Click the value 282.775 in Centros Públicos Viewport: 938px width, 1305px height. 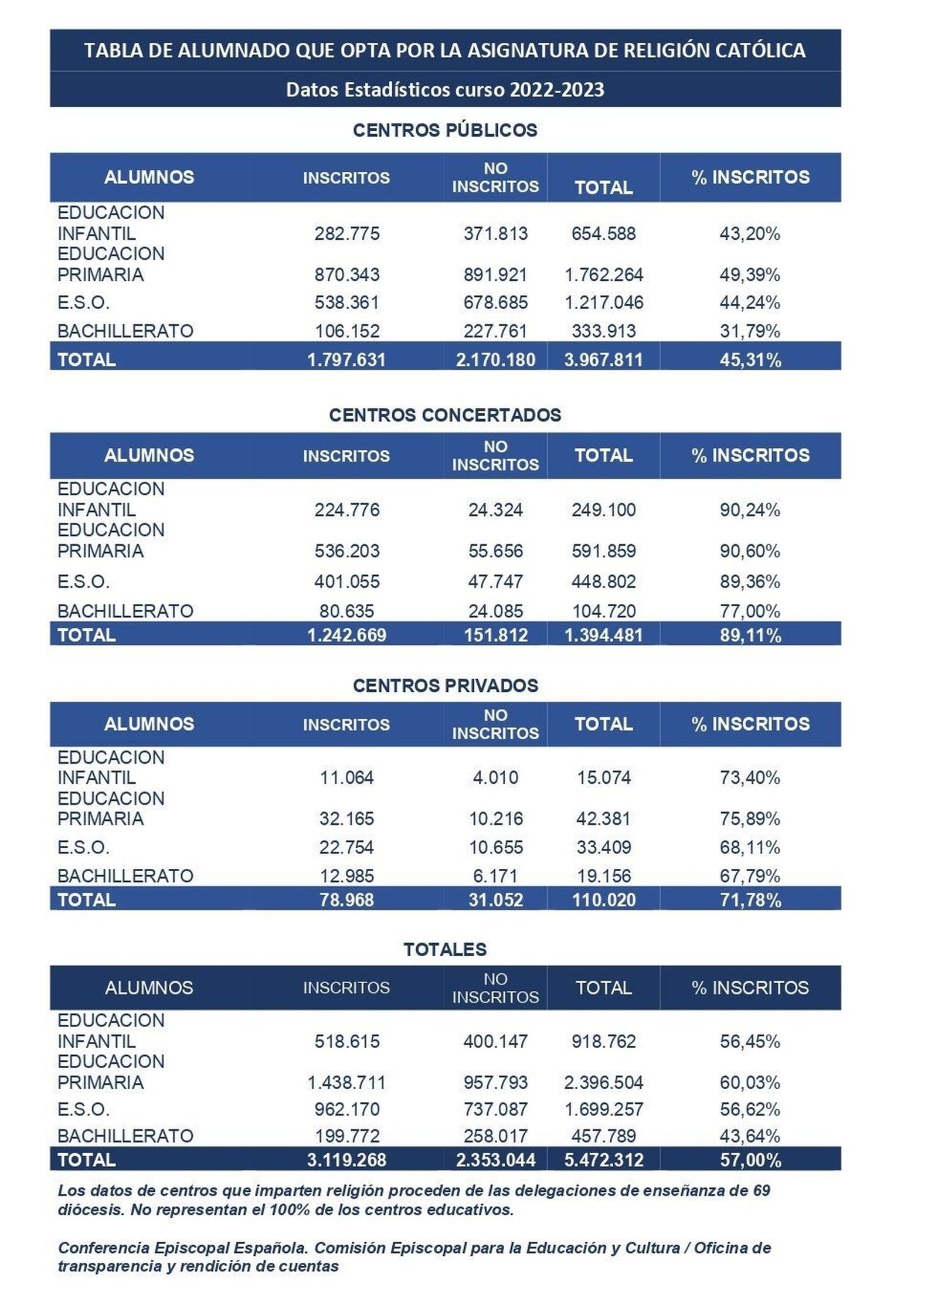pyautogui.click(x=346, y=234)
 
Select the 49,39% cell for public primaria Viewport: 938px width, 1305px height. pyautogui.click(x=749, y=275)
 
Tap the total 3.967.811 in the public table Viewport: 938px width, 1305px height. pyautogui.click(x=603, y=359)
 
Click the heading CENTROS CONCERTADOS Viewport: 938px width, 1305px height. pyautogui.click(x=445, y=415)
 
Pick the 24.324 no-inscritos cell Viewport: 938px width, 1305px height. pyautogui.click(x=495, y=510)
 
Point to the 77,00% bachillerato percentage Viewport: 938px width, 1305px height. pyautogui.click(x=749, y=611)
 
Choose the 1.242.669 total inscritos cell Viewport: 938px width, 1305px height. pyautogui.click(x=346, y=635)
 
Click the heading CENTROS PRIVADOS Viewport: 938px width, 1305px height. pyautogui.click(x=445, y=685)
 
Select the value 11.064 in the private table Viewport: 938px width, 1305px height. pyautogui.click(x=346, y=778)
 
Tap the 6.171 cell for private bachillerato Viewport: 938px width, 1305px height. pyautogui.click(x=495, y=876)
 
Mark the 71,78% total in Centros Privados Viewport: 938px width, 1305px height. pyautogui.click(x=750, y=900)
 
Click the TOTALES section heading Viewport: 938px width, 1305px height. pyautogui.click(x=445, y=950)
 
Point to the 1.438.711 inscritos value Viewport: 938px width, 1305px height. pyautogui.click(x=346, y=1082)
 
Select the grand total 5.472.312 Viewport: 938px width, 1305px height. pyautogui.click(x=603, y=1160)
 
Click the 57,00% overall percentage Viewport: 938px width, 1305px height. pyautogui.click(x=750, y=1160)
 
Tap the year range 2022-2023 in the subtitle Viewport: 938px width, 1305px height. pyautogui.click(x=557, y=90)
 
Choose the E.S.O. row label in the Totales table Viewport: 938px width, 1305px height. pyautogui.click(x=83, y=1109)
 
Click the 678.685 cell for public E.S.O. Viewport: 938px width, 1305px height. pyautogui.click(x=495, y=303)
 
